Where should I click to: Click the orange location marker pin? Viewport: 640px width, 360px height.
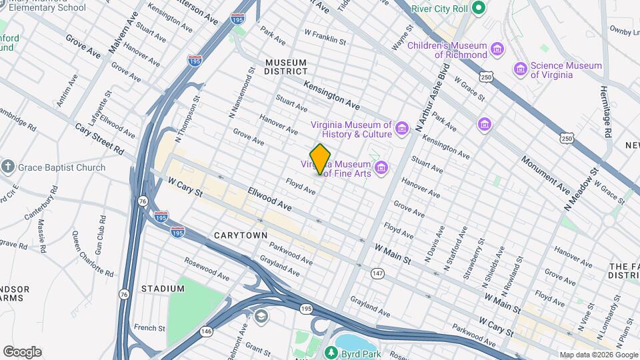[321, 159]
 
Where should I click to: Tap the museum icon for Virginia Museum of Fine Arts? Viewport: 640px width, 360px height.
[381, 167]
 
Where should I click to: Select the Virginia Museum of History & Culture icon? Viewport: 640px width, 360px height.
[401, 127]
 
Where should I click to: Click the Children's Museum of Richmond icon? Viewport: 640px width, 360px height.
[497, 49]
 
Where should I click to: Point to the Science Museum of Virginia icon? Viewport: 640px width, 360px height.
[520, 69]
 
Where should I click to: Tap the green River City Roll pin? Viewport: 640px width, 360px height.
[477, 9]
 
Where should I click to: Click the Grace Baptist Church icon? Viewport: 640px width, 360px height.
[8, 167]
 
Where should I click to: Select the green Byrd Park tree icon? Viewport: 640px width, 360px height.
[329, 351]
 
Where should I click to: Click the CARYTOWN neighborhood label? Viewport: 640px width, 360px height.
[241, 235]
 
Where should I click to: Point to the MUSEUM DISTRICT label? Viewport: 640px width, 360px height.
[286, 66]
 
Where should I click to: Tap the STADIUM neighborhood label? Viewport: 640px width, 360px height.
[163, 288]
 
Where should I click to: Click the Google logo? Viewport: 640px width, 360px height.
[22, 351]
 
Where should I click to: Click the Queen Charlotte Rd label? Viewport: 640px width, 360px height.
[93, 253]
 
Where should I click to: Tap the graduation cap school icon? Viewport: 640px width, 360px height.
[261, 315]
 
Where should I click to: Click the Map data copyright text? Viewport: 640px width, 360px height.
[597, 354]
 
